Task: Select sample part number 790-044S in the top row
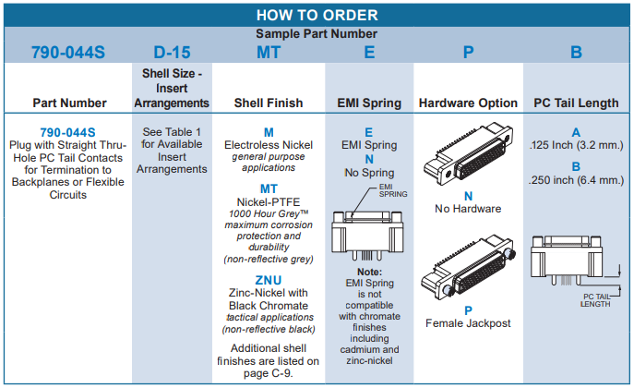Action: click(x=68, y=53)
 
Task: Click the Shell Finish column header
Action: click(x=268, y=103)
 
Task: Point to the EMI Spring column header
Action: click(x=369, y=103)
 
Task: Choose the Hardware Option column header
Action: click(x=468, y=103)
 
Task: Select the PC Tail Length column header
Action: click(x=576, y=103)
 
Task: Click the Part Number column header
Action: click(x=69, y=103)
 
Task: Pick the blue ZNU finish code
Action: click(x=268, y=280)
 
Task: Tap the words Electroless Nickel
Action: click(x=268, y=145)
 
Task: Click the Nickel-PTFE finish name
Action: click(x=268, y=201)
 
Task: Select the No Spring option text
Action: click(x=369, y=173)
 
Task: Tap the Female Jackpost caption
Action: click(x=468, y=323)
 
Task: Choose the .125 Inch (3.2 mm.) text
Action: click(x=576, y=146)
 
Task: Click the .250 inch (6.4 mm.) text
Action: click(x=576, y=180)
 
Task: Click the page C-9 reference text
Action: click(x=268, y=373)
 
